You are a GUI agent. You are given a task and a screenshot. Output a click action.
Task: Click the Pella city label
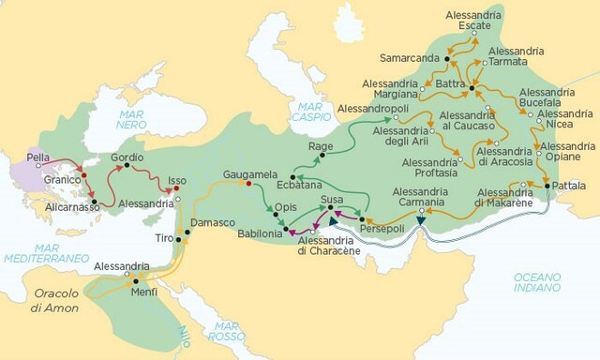tap(38, 157)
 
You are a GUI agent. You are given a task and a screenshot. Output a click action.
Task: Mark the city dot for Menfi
tap(136, 280)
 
